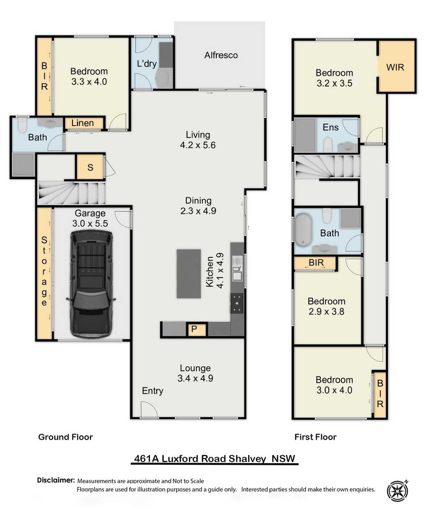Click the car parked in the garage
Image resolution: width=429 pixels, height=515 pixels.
[90, 287]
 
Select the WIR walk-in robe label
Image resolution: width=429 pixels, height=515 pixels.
[395, 67]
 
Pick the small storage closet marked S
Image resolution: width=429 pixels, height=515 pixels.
[90, 168]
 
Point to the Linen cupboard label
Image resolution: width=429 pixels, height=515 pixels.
[83, 123]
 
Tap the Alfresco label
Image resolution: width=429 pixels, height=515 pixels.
[221, 56]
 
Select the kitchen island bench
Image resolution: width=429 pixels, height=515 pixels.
[189, 274]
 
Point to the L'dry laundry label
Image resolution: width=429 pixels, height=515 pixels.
[146, 64]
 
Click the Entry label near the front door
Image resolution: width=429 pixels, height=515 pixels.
[152, 391]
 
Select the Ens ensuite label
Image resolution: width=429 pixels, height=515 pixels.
[330, 128]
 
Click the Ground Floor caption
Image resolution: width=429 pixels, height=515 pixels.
[65, 437]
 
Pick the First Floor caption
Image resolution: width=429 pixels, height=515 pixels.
[315, 437]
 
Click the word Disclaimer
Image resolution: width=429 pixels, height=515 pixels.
[56, 480]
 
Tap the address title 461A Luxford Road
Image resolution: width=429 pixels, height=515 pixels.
[216, 459]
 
